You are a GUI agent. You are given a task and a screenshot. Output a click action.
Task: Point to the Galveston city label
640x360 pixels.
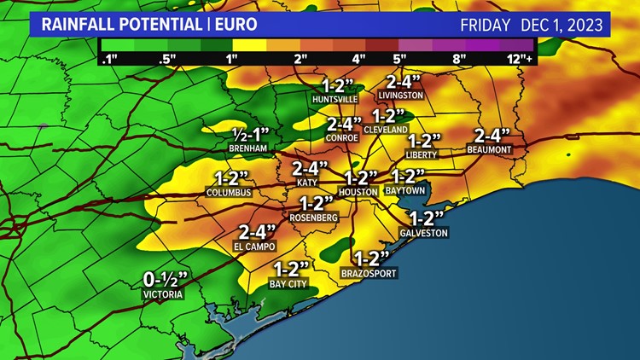pos(423,233)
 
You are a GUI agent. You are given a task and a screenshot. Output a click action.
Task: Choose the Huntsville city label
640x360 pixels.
pos(335,99)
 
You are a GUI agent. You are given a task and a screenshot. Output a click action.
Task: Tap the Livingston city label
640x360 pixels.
pos(401,96)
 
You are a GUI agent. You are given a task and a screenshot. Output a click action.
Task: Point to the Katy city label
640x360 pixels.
pos(307,183)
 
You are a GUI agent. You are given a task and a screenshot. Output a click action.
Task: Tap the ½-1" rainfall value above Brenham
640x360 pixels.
pos(250,134)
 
